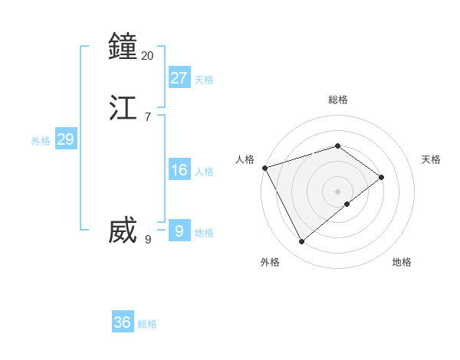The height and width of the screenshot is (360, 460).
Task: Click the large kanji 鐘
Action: coord(123,47)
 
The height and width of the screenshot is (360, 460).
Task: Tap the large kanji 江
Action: coord(123,108)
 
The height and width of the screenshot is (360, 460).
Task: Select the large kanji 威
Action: coord(123,231)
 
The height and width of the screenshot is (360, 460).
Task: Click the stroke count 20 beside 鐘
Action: coord(148,55)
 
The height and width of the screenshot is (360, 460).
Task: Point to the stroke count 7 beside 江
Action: coord(148,116)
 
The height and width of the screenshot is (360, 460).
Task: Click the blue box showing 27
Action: coord(179,77)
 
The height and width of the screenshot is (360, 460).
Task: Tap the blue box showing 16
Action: coord(179,169)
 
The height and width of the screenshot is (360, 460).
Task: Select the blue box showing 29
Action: coord(65,139)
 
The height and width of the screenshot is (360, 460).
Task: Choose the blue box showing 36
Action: coord(123,322)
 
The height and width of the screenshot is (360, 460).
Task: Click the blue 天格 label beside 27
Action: coord(204,80)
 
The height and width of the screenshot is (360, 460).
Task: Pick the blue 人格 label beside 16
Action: coord(204,172)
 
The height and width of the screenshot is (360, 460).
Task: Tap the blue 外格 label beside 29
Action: coord(41,141)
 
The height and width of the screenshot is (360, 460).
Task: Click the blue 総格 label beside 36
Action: coord(147,325)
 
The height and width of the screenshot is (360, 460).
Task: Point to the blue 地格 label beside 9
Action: coord(204,233)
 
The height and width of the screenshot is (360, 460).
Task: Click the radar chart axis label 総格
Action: coord(337,100)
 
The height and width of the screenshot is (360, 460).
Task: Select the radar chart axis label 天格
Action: coord(431,159)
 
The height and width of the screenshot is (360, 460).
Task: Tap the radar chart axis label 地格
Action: coord(402,262)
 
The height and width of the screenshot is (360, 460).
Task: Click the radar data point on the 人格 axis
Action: coord(264,167)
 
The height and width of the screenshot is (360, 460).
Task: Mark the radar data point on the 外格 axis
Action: coord(302,242)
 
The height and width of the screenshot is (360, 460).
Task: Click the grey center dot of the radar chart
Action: coord(337,191)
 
